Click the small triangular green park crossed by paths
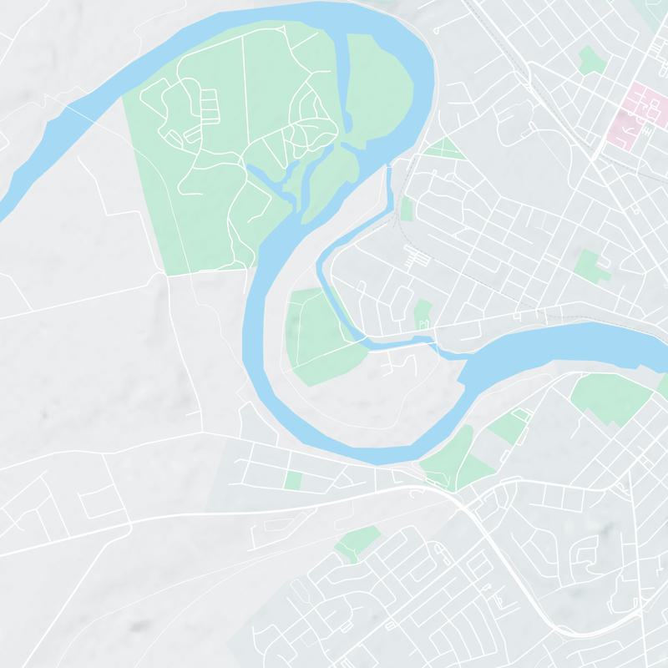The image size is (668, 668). pos(443,149)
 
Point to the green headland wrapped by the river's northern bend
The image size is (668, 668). pos(376,92)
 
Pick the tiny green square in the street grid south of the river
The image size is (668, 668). pos(292,480)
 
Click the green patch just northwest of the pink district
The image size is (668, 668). pos(591,60)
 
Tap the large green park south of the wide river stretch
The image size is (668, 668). pos(610,397)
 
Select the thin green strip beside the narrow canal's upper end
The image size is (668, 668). pos(407,209)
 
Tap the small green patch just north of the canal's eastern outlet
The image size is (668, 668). pos(423,313)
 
